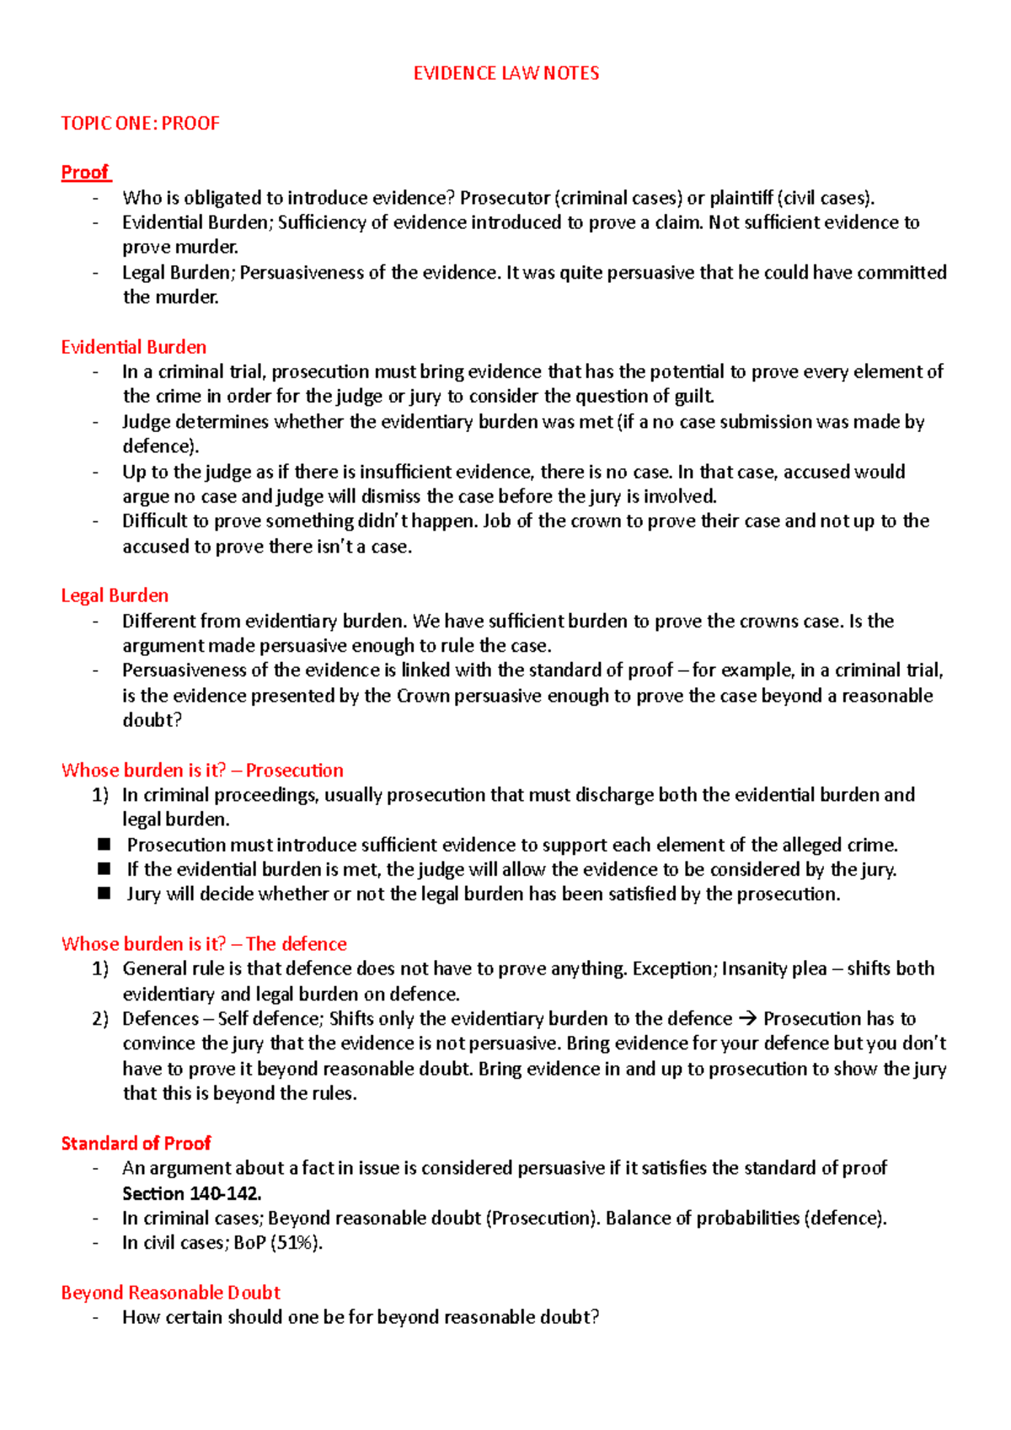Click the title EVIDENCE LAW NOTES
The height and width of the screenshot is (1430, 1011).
coord(505,73)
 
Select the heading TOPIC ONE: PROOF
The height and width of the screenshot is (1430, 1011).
coord(140,123)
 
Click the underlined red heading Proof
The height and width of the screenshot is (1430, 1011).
coord(85,173)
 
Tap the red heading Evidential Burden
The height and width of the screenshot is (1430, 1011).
coord(133,347)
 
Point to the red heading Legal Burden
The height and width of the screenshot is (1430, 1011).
coord(115,595)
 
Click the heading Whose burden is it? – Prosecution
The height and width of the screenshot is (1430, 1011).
coord(202,770)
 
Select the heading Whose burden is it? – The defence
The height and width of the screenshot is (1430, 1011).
coord(204,943)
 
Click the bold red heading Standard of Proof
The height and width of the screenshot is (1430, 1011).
coord(136,1143)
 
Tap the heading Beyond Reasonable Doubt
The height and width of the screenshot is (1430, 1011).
coord(170,1292)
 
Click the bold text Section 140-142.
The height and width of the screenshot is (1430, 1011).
coord(191,1193)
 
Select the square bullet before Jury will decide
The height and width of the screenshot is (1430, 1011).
coord(104,894)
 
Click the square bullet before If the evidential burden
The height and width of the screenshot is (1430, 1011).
coord(104,868)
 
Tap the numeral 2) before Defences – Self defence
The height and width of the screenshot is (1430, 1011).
coord(101,1018)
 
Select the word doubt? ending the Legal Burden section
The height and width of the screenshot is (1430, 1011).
coord(152,720)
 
